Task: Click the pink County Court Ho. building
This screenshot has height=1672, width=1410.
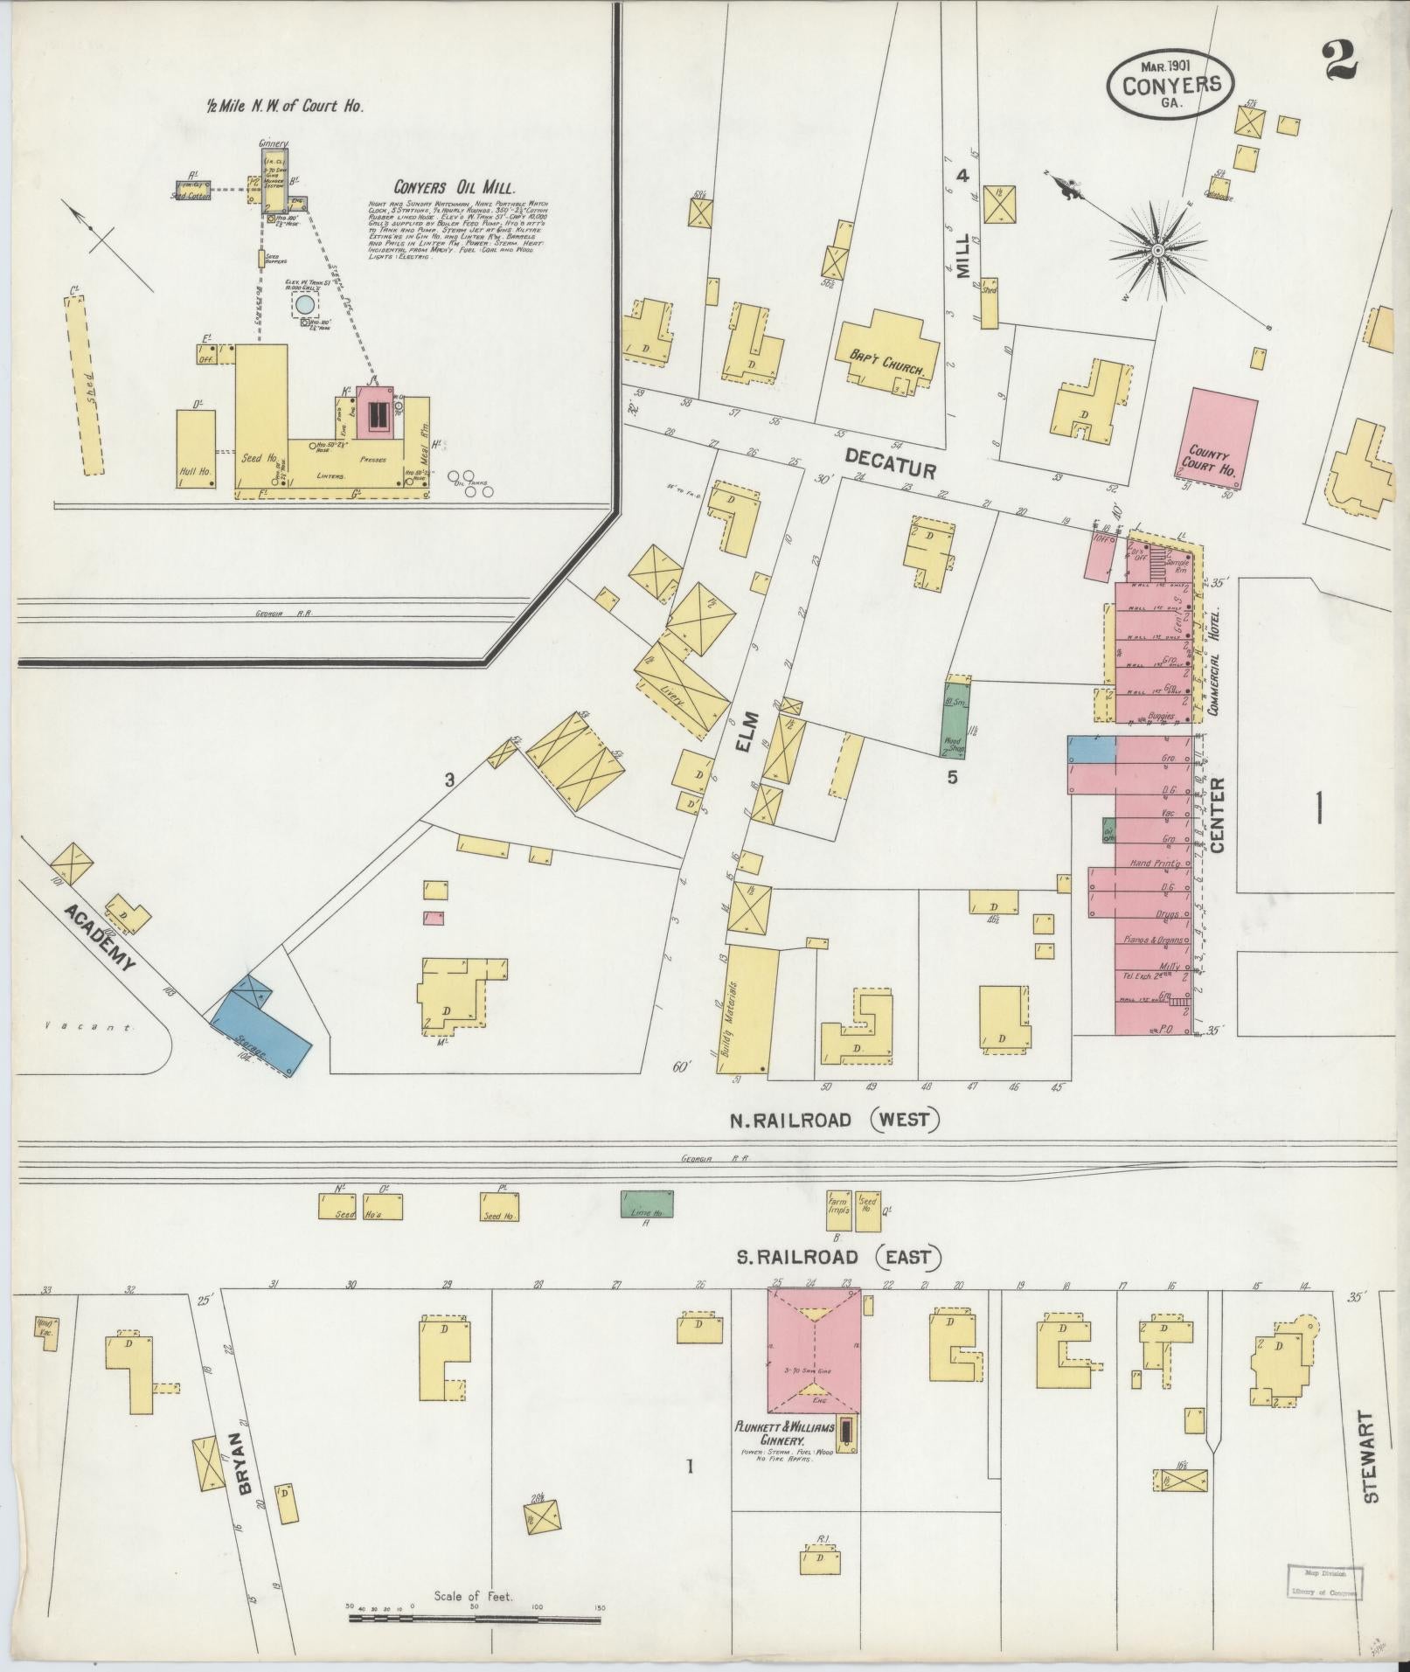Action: click(1220, 438)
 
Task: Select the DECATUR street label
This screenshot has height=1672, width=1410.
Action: click(890, 463)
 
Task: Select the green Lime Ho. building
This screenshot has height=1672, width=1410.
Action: click(647, 1204)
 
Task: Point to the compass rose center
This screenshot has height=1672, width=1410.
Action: click(1158, 251)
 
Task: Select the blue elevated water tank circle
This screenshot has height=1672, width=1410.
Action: click(304, 304)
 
